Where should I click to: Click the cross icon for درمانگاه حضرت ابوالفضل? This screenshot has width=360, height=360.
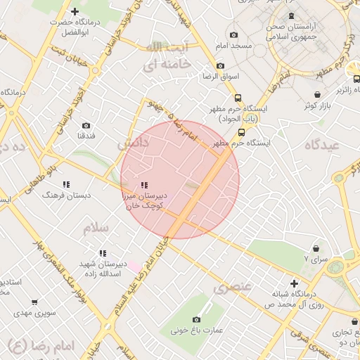point(75,11)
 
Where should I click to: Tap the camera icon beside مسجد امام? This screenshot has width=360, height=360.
point(234,34)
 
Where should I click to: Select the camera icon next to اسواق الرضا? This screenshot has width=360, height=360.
point(221,65)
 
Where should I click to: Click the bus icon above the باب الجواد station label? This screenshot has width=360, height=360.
point(238,98)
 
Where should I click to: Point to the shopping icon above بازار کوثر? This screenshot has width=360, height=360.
point(319,94)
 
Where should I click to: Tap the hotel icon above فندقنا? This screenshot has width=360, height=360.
point(86,124)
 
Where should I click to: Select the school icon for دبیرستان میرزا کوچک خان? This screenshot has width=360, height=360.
point(144,177)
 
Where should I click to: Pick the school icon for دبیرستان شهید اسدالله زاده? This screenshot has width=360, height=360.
point(103,253)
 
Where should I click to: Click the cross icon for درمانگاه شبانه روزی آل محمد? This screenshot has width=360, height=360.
point(294,283)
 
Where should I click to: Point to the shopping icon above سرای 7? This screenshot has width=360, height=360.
point(316,248)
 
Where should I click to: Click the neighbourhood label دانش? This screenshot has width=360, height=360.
point(134,144)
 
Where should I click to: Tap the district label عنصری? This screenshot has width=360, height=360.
point(232,288)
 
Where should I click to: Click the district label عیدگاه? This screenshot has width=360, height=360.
point(323,144)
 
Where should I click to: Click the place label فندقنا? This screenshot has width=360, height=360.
point(85,135)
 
